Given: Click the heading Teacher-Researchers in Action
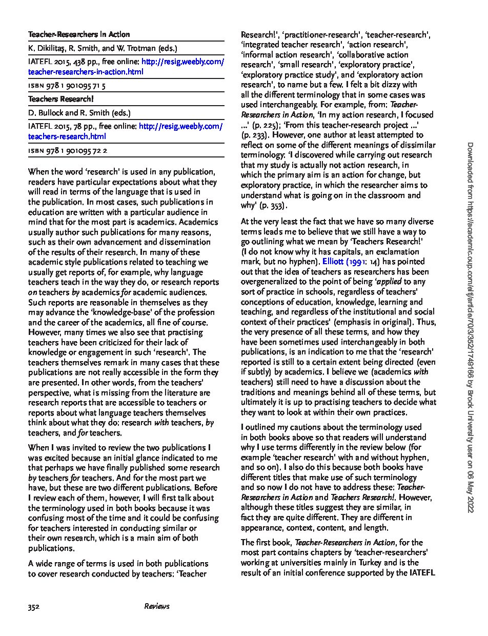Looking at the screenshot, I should tap(79, 34).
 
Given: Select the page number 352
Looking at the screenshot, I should tap(34, 606).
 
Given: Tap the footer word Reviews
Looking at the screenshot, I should tap(157, 606).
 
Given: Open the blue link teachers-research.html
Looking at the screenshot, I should tap(67, 136).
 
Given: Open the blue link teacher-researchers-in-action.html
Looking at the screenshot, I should tap(86, 72).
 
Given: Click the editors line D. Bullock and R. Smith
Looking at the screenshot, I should tap(79, 112).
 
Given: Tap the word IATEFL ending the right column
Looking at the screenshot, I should tap(422, 572).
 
